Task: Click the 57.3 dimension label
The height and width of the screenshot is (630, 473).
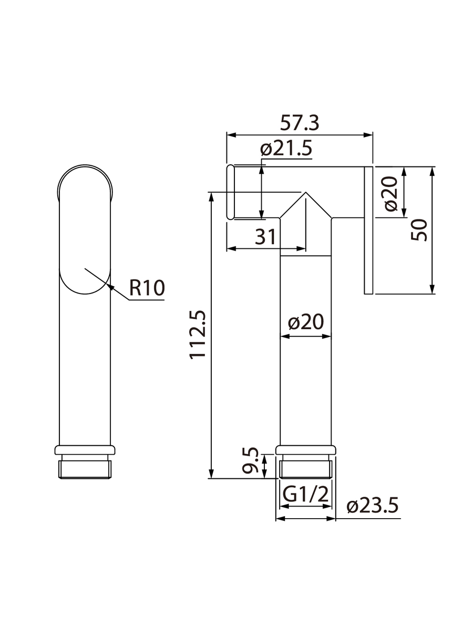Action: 299,123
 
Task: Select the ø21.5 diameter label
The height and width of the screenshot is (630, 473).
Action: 286,148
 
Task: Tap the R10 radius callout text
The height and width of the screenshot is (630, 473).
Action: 147,287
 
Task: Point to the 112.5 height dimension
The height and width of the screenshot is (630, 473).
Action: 198,334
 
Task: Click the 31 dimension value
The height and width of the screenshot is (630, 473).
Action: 265,237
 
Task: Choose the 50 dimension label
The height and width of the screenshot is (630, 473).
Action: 419,229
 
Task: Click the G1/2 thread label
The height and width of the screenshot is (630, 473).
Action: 305,494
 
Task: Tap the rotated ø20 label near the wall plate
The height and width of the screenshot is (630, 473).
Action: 391,194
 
